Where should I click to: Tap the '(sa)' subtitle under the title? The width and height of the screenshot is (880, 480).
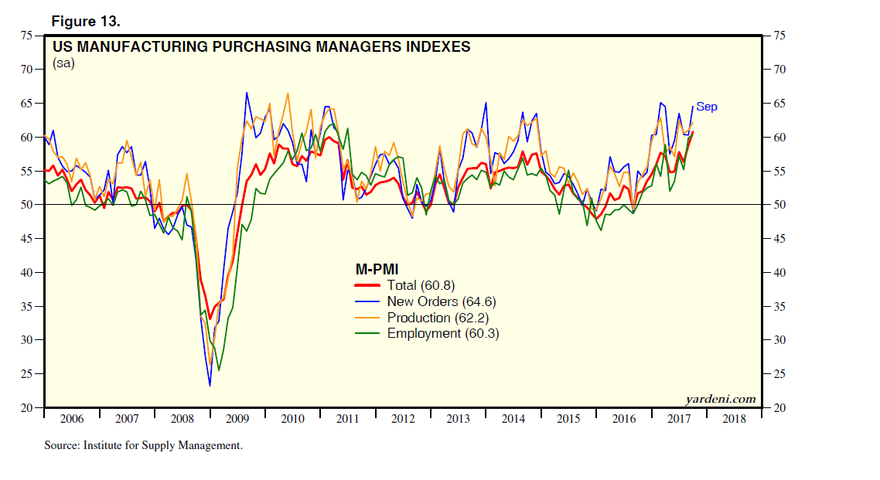pyautogui.click(x=63, y=63)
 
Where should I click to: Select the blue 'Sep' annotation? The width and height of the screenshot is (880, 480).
pyautogui.click(x=707, y=107)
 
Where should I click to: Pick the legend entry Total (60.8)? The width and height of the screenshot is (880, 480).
pyautogui.click(x=423, y=285)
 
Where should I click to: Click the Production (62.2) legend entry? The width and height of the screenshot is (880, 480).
pyautogui.click(x=438, y=318)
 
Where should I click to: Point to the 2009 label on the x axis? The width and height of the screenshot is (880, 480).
pyautogui.click(x=237, y=419)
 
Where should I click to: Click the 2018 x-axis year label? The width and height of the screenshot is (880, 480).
pyautogui.click(x=734, y=419)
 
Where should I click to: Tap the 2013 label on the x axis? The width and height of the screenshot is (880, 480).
pyautogui.click(x=458, y=419)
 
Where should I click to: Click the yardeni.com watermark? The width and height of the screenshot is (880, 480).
pyautogui.click(x=721, y=399)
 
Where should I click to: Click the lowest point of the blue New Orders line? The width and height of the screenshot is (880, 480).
pyautogui.click(x=210, y=385)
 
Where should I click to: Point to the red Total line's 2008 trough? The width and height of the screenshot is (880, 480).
pyautogui.click(x=210, y=318)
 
